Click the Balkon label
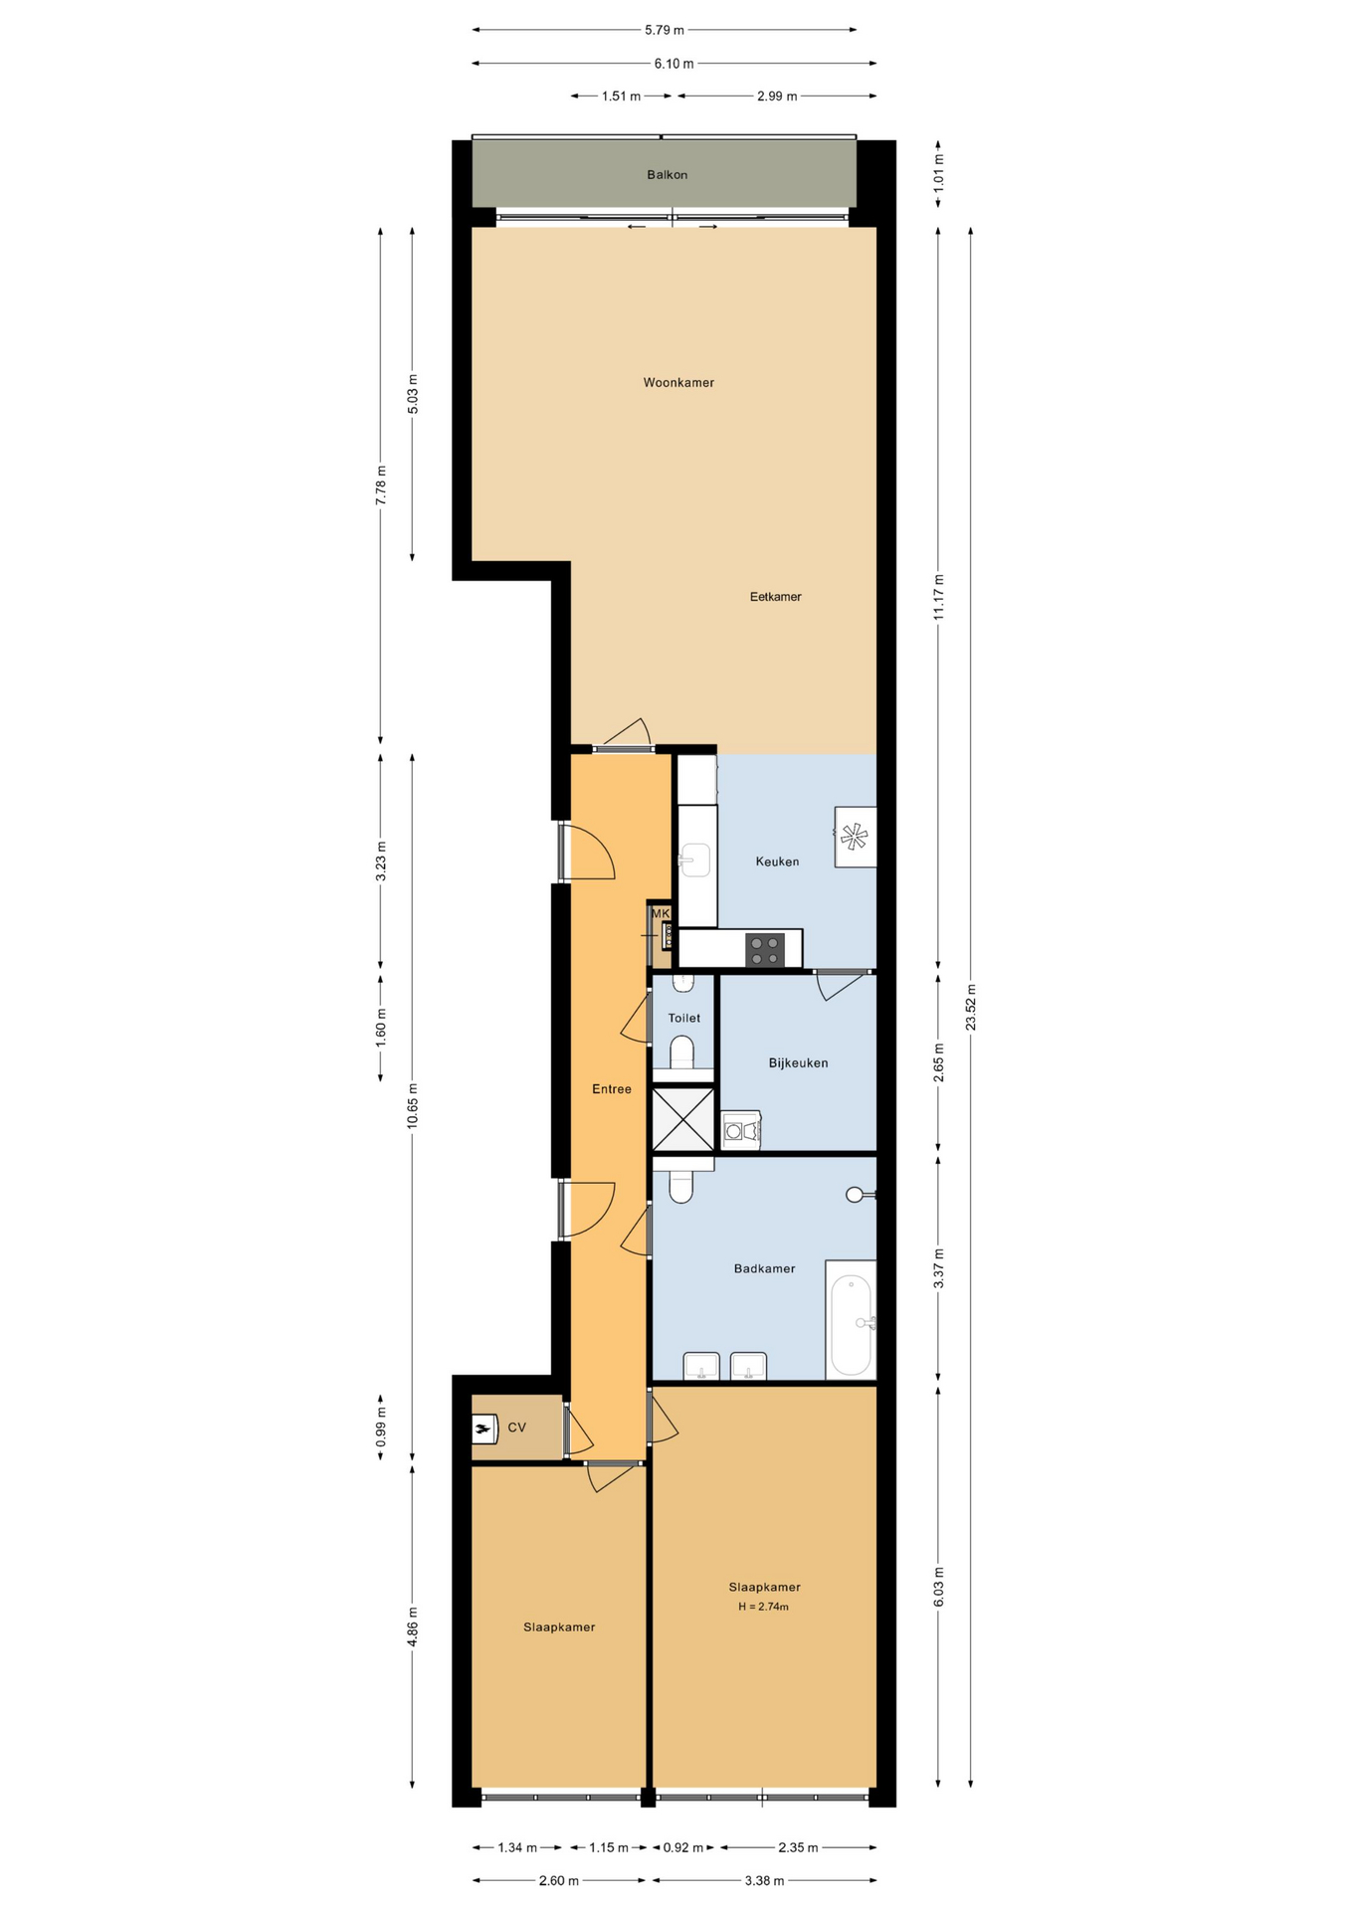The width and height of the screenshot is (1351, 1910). click(667, 175)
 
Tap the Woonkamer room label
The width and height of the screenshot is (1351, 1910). click(678, 383)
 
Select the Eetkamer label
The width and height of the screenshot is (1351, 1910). click(775, 597)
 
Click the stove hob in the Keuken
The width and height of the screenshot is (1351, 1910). click(765, 950)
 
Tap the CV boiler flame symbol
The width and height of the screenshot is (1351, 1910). click(484, 1429)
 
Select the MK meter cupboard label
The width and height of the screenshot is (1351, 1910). click(661, 913)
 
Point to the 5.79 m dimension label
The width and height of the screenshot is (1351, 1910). click(665, 30)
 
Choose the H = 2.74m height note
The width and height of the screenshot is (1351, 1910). click(763, 1607)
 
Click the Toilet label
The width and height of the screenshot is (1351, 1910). click(683, 1019)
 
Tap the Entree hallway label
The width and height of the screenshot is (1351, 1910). click(612, 1089)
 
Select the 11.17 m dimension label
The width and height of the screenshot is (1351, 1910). click(938, 597)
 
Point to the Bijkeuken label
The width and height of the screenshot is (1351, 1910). click(798, 1063)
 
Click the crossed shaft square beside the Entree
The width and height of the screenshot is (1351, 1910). click(683, 1119)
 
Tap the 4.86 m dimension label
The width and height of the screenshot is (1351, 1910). click(412, 1627)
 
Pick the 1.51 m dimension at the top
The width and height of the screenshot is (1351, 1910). click(622, 96)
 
